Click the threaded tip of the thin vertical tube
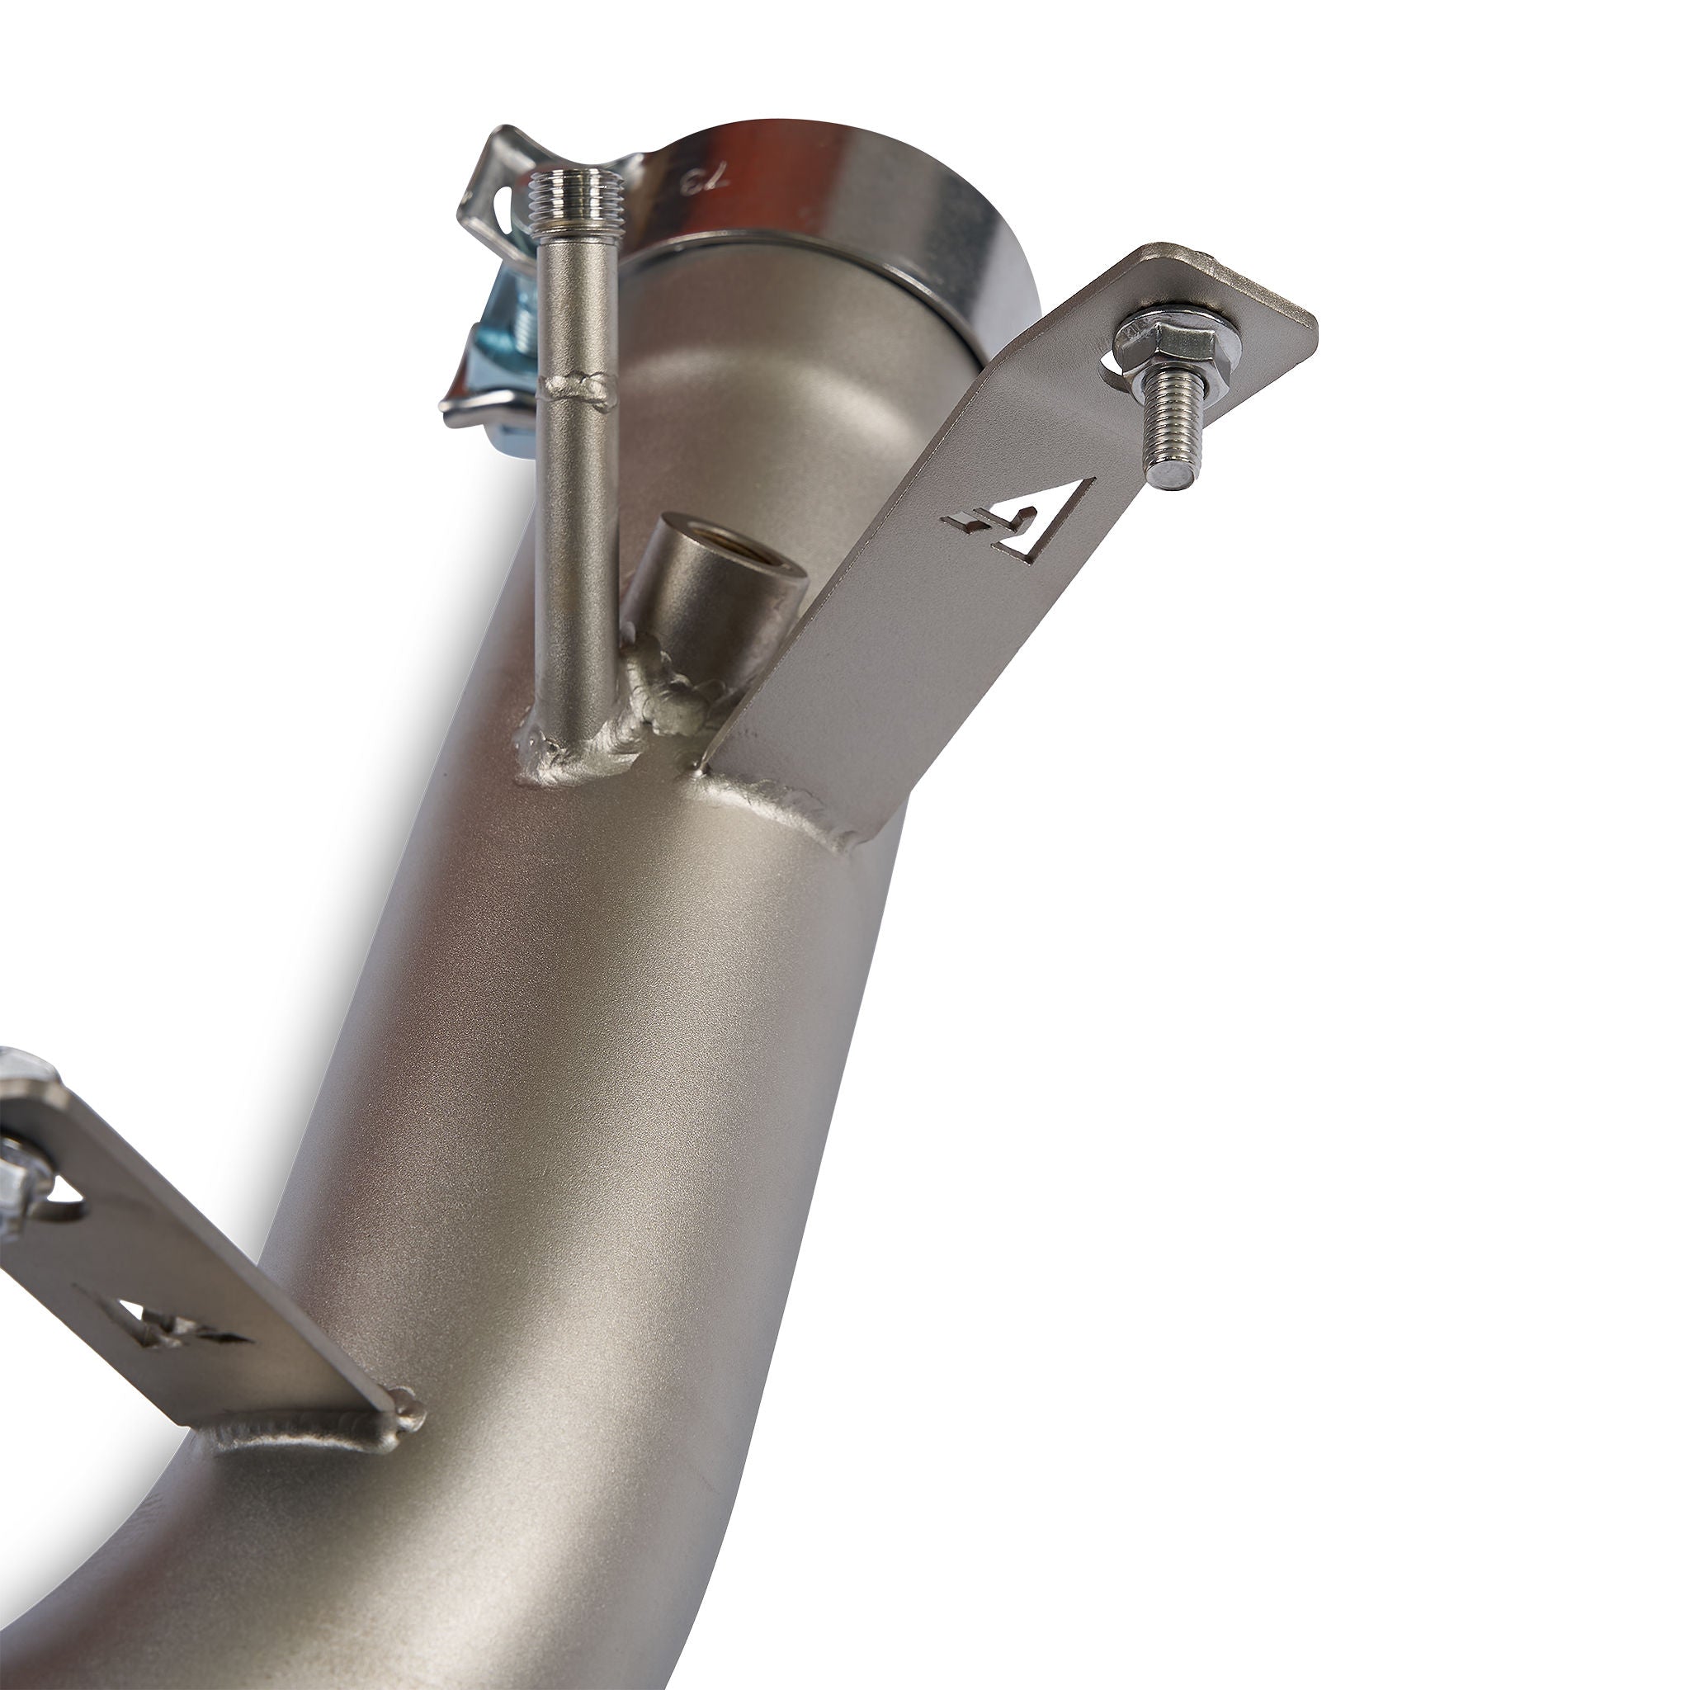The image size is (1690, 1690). [578, 188]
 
